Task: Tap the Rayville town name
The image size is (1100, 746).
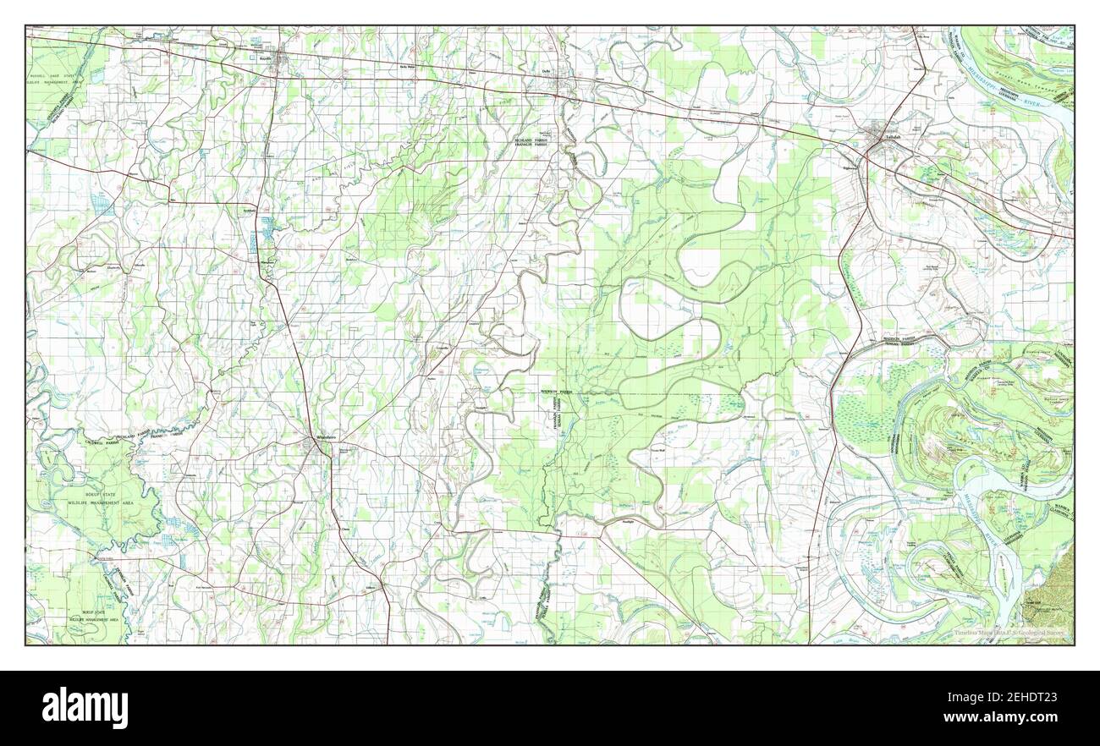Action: pos(265,58)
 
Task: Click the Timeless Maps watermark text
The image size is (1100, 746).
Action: pos(1010,633)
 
